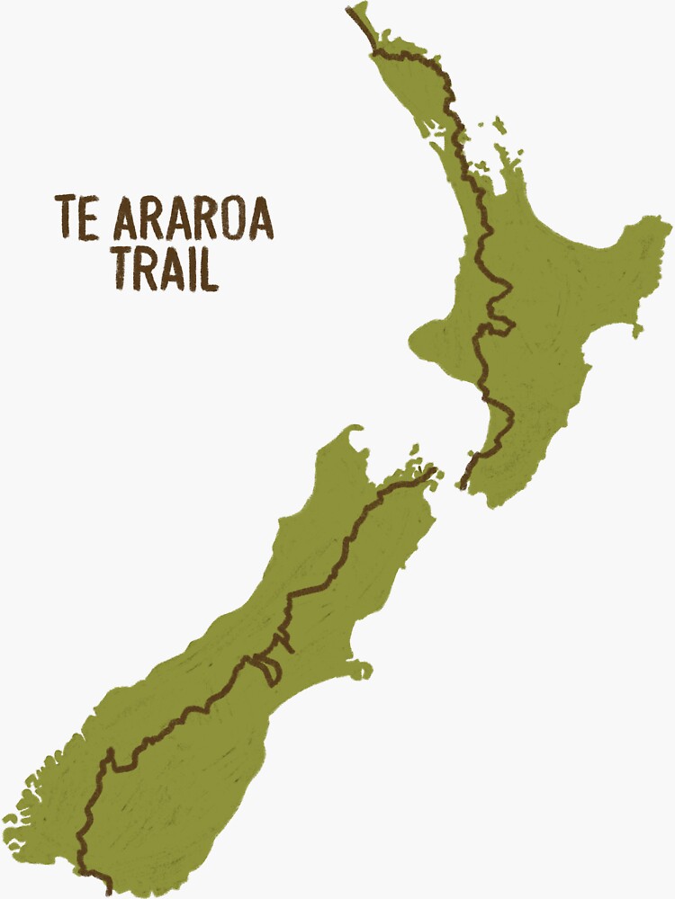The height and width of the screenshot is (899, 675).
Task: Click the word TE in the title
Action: tap(76, 218)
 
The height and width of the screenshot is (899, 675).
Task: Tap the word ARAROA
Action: tap(191, 218)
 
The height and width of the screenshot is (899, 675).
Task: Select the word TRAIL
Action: tap(165, 267)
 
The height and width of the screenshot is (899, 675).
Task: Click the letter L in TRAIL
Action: tap(209, 267)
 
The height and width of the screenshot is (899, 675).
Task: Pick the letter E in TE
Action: tap(89, 218)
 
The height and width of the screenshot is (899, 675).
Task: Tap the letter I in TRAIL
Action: tap(192, 267)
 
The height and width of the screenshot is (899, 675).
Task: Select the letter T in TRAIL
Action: tap(121, 267)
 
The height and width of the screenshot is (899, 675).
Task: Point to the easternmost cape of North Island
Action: tap(661, 225)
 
